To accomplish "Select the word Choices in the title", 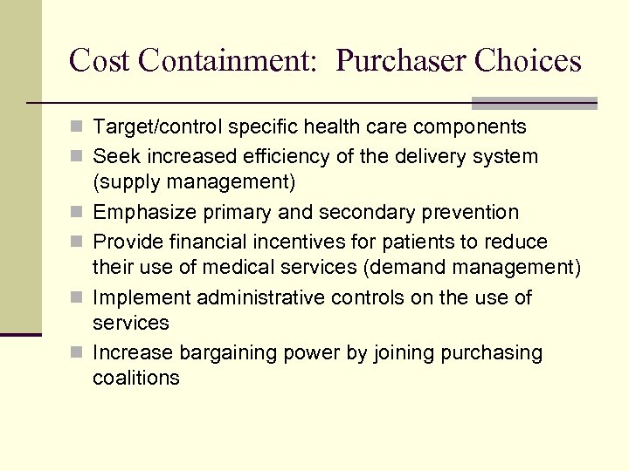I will (x=529, y=61).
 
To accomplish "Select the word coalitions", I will (x=135, y=379).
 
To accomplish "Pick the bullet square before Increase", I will (x=79, y=354).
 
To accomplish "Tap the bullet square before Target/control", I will (x=79, y=128).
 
